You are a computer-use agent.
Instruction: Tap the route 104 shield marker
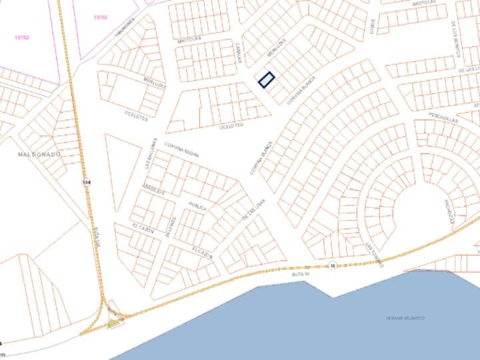tap(87, 182)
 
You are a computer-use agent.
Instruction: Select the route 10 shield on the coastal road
tap(332, 266)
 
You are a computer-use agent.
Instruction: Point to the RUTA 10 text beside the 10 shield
tap(302, 274)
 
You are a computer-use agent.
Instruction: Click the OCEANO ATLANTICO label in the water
tap(405, 318)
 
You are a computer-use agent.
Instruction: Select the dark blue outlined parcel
tap(267, 80)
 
